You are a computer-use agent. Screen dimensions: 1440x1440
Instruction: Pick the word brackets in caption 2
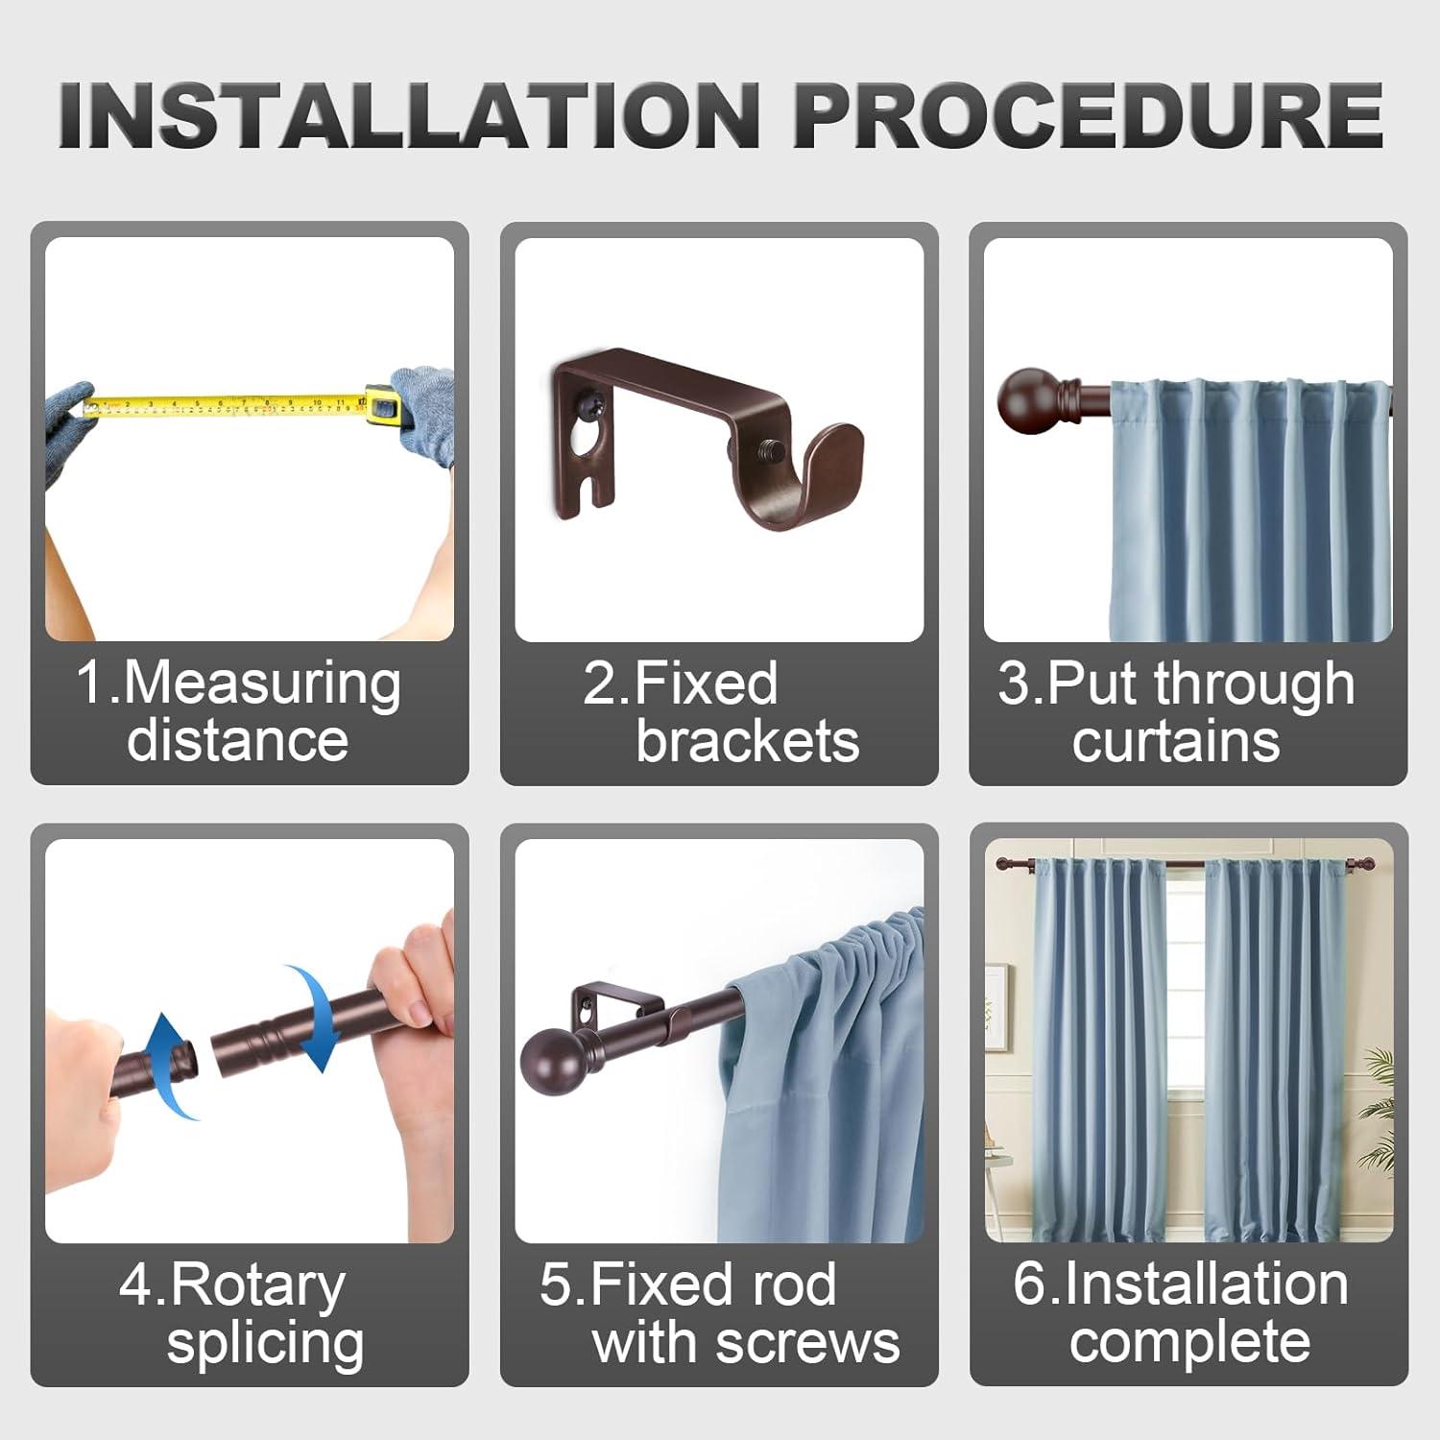747,741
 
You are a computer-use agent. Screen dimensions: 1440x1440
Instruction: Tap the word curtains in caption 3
1175,741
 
